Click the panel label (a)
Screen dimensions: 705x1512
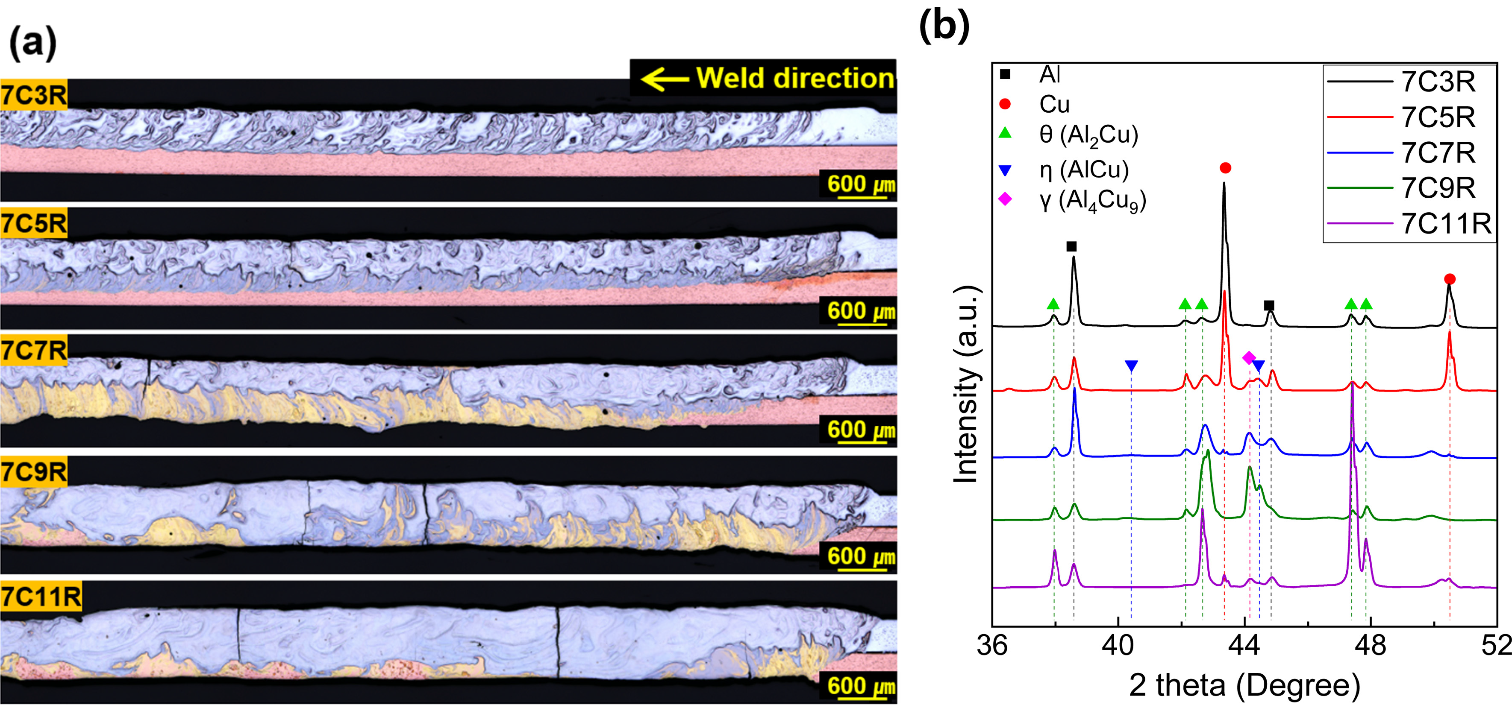pyautogui.click(x=33, y=44)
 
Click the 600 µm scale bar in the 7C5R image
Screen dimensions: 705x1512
pyautogui.click(x=860, y=311)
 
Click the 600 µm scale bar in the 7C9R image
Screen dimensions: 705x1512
pyautogui.click(x=860, y=556)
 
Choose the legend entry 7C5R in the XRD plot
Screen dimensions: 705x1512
pyautogui.click(x=1438, y=117)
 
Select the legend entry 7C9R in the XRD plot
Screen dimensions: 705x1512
pyautogui.click(x=1438, y=188)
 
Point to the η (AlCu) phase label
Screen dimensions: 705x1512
pyautogui.click(x=1083, y=170)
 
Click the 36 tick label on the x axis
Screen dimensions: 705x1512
pyautogui.click(x=992, y=646)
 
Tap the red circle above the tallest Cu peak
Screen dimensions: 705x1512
pyautogui.click(x=1225, y=168)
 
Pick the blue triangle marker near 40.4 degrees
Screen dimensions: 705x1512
pyautogui.click(x=1131, y=366)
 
